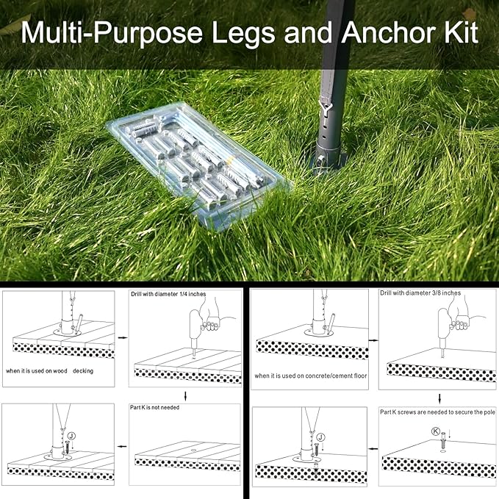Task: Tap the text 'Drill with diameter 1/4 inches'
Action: point(168,294)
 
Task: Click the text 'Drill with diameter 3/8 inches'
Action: point(420,292)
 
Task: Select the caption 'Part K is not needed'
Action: point(154,407)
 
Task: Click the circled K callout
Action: point(436,431)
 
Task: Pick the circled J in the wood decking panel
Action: point(72,436)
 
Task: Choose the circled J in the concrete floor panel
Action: point(321,437)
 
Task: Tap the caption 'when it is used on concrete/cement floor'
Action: point(311,376)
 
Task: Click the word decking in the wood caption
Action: point(83,371)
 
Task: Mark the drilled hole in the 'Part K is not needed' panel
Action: point(193,450)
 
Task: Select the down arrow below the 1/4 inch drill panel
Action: point(185,396)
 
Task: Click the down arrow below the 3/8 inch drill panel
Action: point(439,398)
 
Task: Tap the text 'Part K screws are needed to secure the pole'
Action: point(437,412)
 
